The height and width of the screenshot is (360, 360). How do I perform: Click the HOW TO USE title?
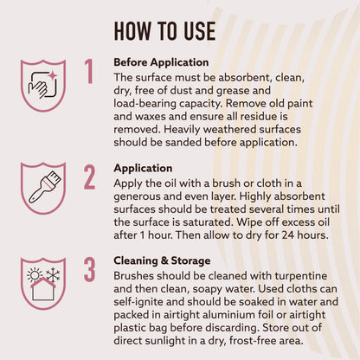pyautogui.click(x=164, y=31)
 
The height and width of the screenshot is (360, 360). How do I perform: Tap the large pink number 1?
pyautogui.click(x=89, y=71)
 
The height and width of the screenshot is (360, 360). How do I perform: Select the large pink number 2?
pyautogui.click(x=89, y=177)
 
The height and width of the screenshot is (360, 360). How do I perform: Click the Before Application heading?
pyautogui.click(x=161, y=62)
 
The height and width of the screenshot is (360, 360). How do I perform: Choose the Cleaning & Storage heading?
pyautogui.click(x=162, y=260)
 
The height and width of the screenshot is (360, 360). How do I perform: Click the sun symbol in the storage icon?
pyautogui.click(x=35, y=274)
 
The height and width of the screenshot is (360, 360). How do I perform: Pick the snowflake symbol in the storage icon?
pyautogui.click(x=53, y=274)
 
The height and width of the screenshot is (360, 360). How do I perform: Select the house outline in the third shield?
pyautogui.click(x=43, y=289)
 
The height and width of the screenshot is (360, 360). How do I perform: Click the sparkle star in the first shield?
pyautogui.click(x=53, y=75)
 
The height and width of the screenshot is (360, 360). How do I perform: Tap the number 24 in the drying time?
pyautogui.click(x=288, y=235)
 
